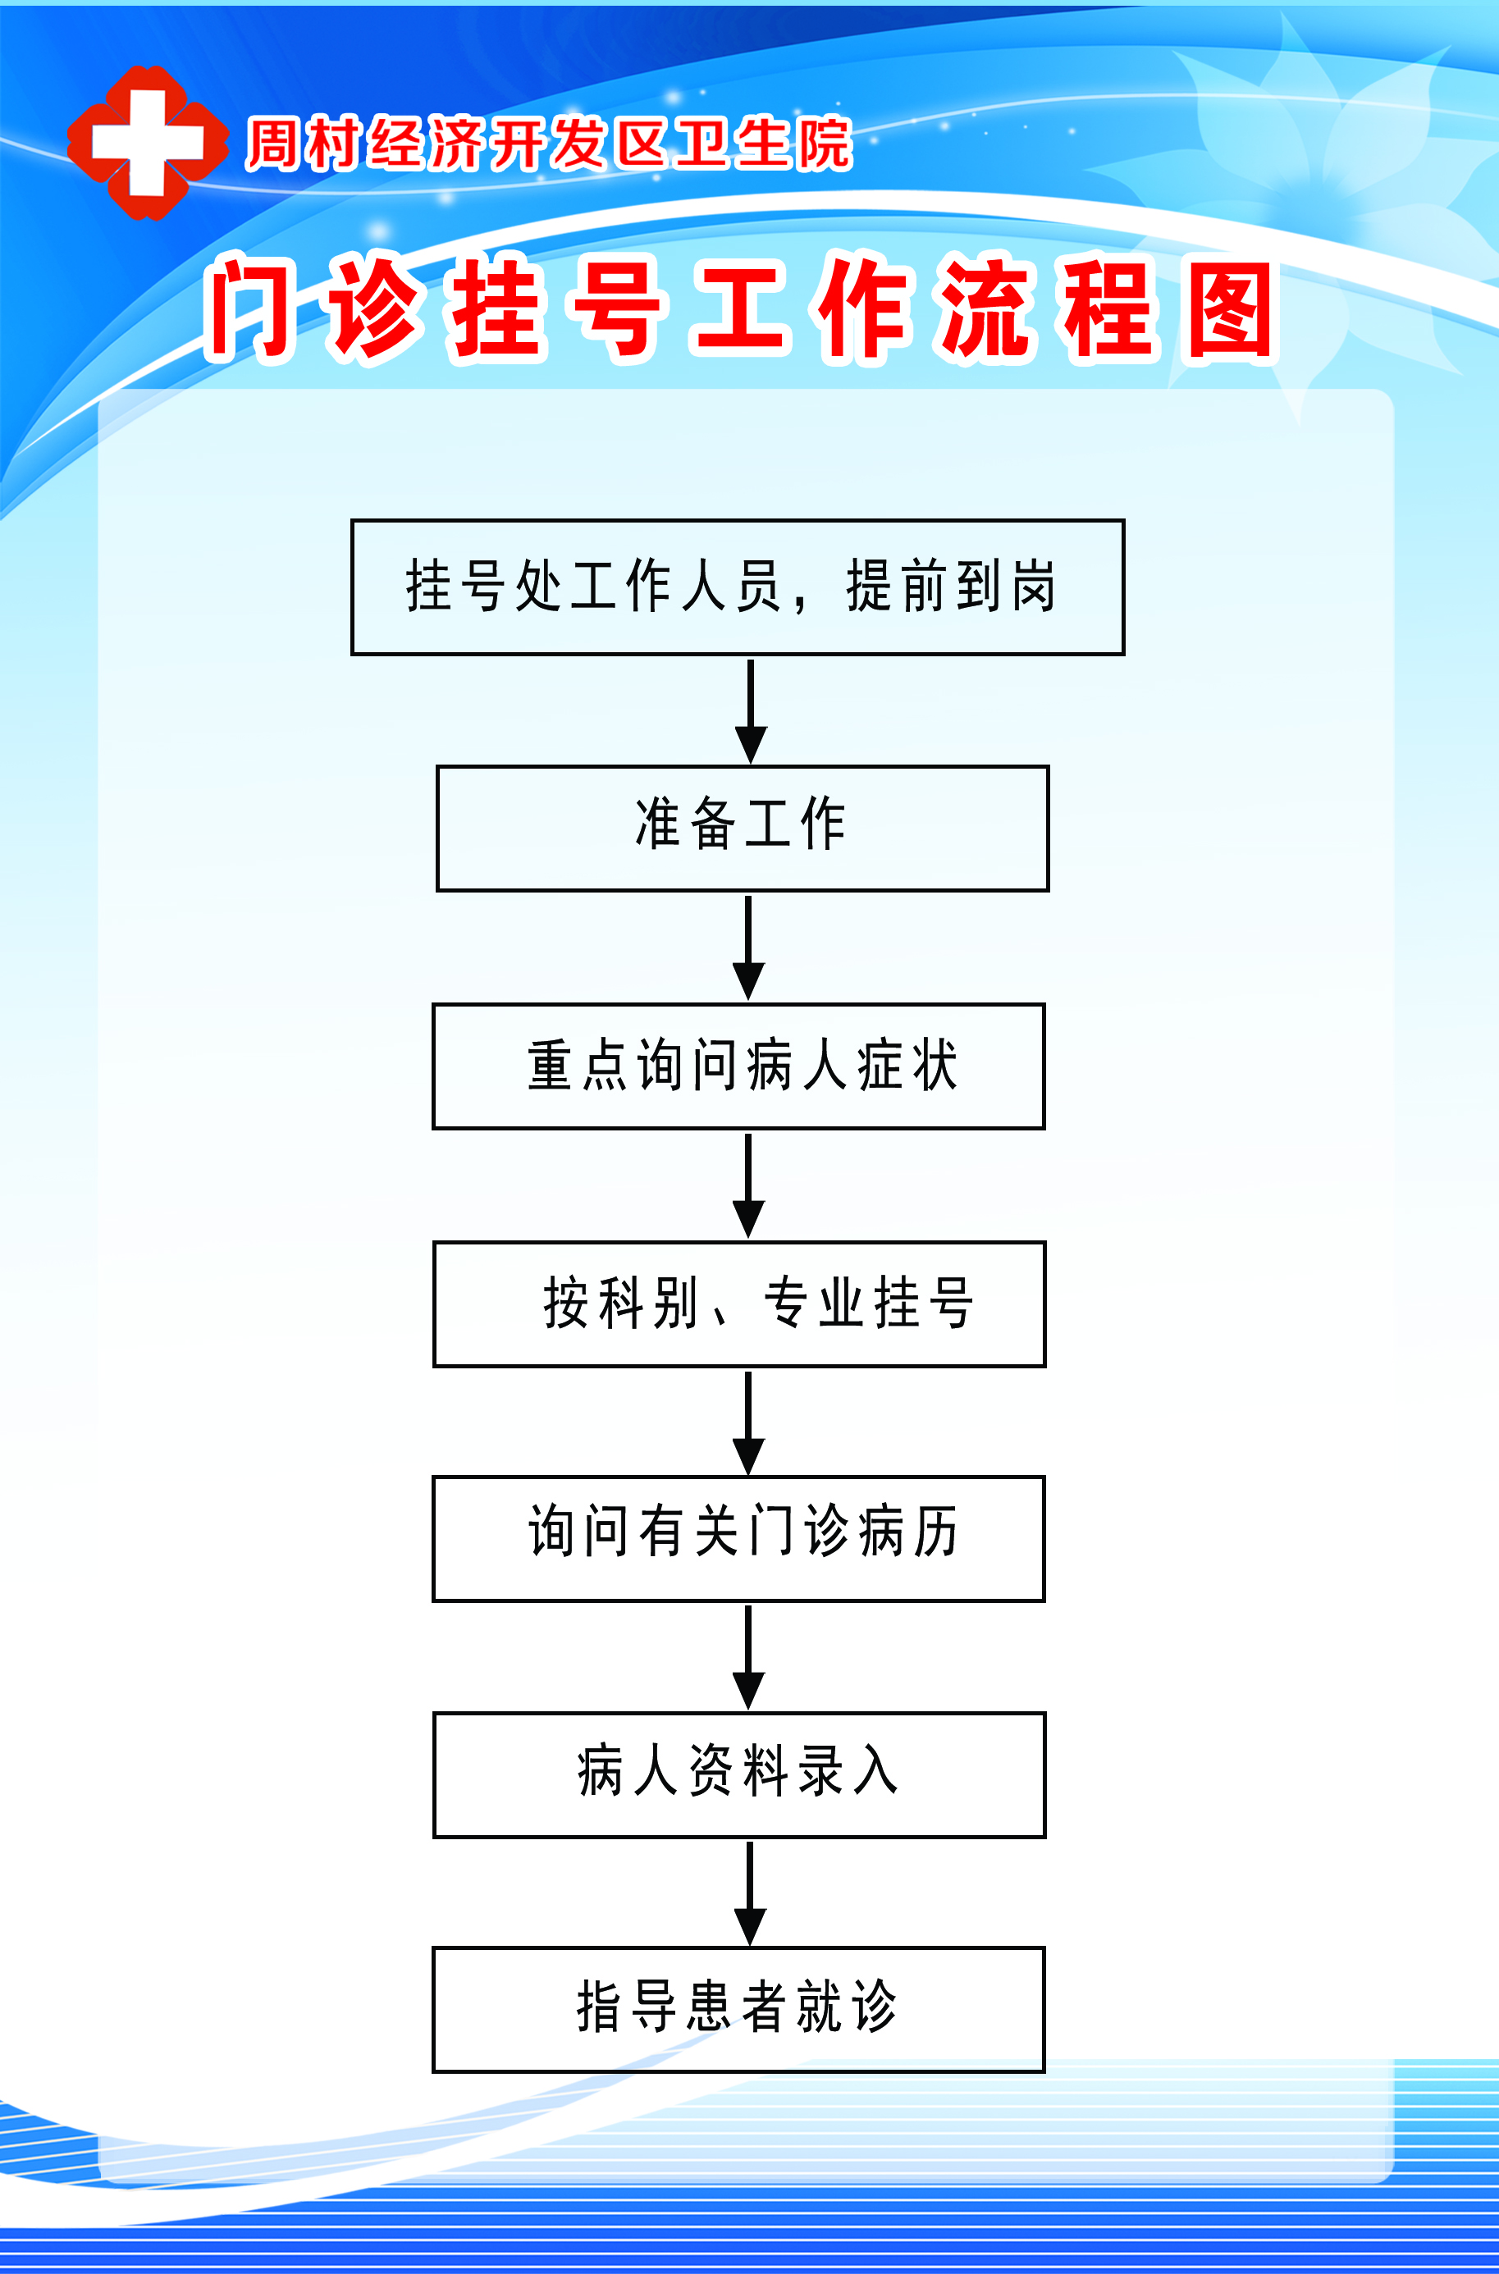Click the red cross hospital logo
tap(147, 143)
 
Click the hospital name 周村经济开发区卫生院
tap(549, 144)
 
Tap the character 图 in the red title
tap(1231, 311)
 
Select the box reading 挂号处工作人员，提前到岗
tap(738, 587)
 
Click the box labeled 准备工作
tap(743, 829)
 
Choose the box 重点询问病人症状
tap(739, 1066)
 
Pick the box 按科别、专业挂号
tap(740, 1304)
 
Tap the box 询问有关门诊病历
tap(739, 1539)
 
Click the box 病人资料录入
tap(740, 1775)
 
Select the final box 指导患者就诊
tap(739, 2009)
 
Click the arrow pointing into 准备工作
tap(751, 711)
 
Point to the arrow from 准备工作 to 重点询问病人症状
tap(747, 948)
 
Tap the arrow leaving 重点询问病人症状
tap(747, 1186)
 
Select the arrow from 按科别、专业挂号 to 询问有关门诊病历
tap(747, 1423)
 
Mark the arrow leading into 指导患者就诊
tap(750, 1893)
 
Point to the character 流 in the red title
tap(988, 310)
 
